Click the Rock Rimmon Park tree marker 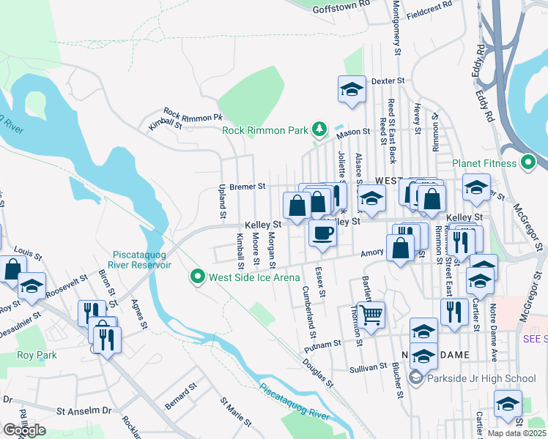point(319,130)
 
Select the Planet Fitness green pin point(529,162)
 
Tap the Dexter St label point(388,80)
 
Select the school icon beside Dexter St point(352,90)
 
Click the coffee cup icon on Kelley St point(322,233)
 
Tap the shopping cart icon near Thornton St point(371,315)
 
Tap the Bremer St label point(248,187)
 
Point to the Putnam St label point(327,342)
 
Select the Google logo point(24,430)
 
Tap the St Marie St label point(237,412)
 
